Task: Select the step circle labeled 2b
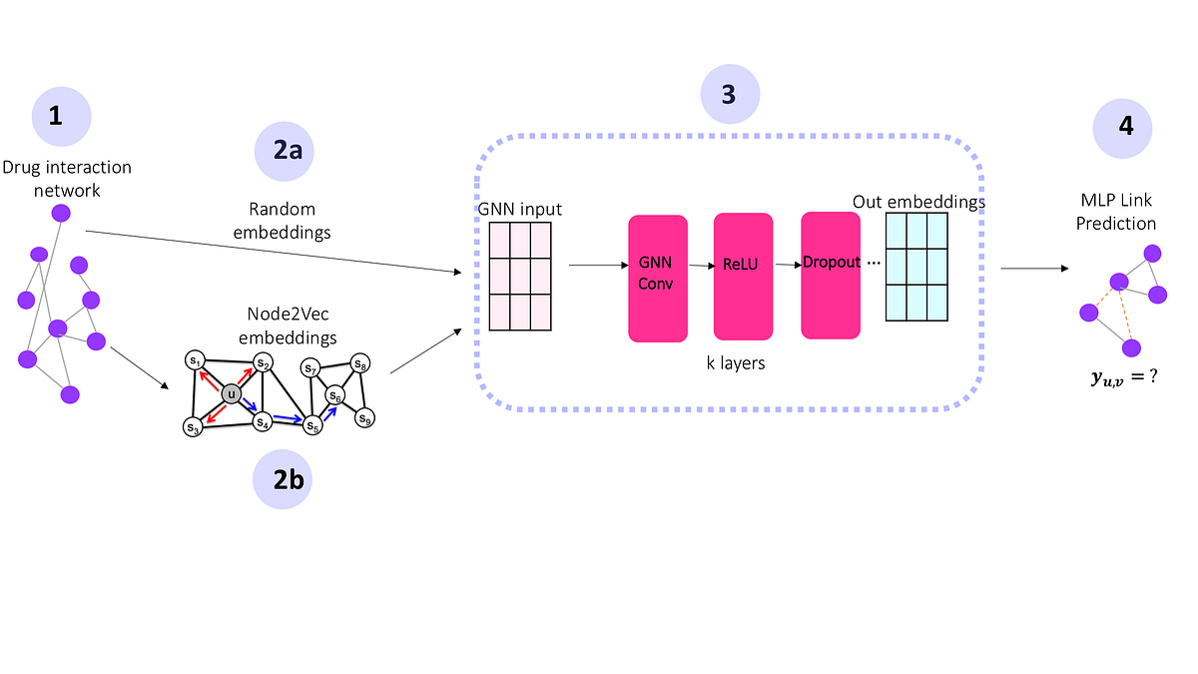(x=282, y=480)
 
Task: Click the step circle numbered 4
(x=1122, y=128)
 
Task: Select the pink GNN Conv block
(x=658, y=278)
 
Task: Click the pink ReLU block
(x=743, y=276)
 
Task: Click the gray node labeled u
(x=232, y=393)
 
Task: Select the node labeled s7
(x=311, y=369)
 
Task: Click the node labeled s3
(x=193, y=426)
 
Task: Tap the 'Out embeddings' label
(x=918, y=202)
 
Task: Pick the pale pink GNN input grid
(x=519, y=275)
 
